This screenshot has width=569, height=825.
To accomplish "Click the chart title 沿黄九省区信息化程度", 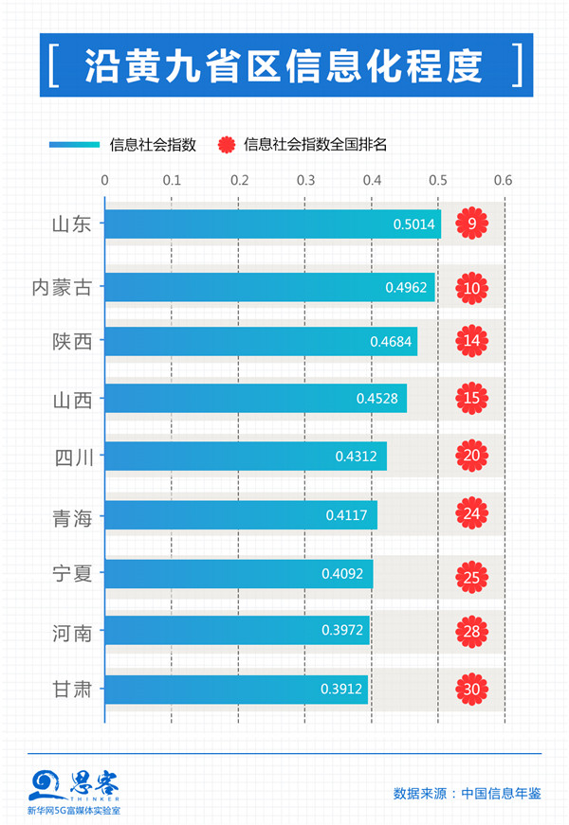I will (284, 66).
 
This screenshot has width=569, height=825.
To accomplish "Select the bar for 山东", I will (271, 224).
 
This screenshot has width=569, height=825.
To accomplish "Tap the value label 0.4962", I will (406, 287).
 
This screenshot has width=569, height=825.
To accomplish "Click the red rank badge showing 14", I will (471, 341).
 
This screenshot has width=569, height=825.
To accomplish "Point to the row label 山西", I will (72, 399).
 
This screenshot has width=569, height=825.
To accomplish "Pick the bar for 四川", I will (245, 457).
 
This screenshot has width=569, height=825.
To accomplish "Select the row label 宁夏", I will (72, 573).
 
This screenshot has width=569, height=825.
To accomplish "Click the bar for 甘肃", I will (235, 689).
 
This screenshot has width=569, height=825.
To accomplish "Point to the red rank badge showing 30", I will (471, 689).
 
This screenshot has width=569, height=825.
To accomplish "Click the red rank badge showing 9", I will (471, 224).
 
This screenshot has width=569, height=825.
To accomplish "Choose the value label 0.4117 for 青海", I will (346, 516).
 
